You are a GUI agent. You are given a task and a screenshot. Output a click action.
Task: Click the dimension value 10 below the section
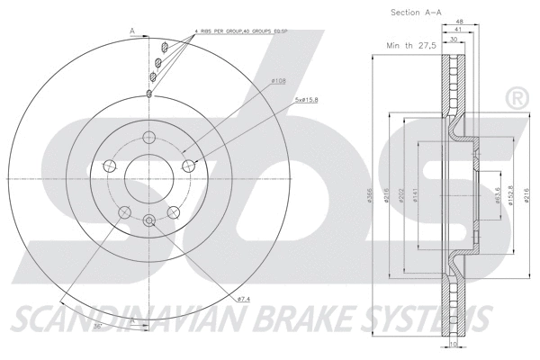pos(454,345)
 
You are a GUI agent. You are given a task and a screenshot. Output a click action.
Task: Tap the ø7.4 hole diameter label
pos(243,298)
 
